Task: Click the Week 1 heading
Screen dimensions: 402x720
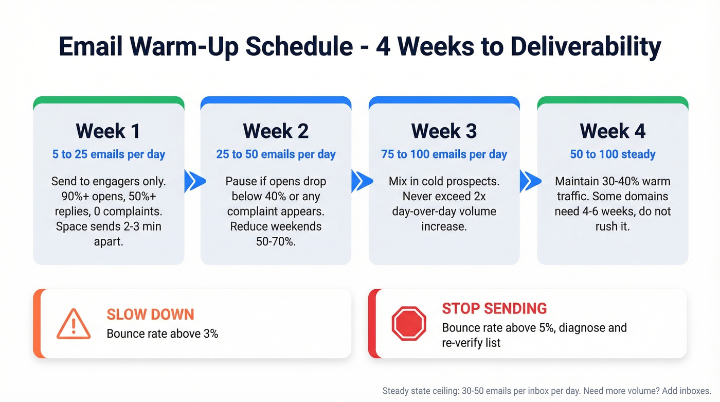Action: pyautogui.click(x=108, y=131)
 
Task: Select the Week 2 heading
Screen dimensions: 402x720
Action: pyautogui.click(x=276, y=131)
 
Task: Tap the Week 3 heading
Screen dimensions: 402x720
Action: pyautogui.click(x=444, y=131)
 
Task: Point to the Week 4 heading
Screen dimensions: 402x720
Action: pyautogui.click(x=613, y=131)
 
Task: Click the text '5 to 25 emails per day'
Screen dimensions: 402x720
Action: pyautogui.click(x=109, y=154)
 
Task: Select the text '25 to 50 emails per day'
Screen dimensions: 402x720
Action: pyautogui.click(x=276, y=154)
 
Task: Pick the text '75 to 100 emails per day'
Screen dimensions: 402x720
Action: pyautogui.click(x=444, y=154)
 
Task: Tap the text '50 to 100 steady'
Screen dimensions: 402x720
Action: pyautogui.click(x=613, y=154)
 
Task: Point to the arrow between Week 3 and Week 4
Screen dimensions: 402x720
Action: pyautogui.click(x=530, y=181)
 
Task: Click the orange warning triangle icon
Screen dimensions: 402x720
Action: pyautogui.click(x=74, y=324)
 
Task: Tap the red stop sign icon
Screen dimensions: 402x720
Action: pyautogui.click(x=409, y=324)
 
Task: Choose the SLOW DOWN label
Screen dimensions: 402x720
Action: pyautogui.click(x=150, y=314)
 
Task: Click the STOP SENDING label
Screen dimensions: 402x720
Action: pyautogui.click(x=494, y=308)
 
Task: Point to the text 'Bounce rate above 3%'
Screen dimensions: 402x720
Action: pyautogui.click(x=162, y=334)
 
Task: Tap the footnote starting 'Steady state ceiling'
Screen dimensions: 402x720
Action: pyautogui.click(x=547, y=391)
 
